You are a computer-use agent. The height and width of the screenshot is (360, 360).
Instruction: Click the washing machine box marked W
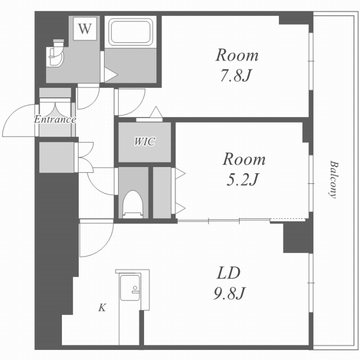point(85,29)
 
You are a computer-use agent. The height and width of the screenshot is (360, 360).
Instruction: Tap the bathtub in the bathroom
point(130,32)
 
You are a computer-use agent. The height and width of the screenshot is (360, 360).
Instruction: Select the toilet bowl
point(132,204)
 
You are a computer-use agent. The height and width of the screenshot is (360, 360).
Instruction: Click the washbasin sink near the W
point(55,55)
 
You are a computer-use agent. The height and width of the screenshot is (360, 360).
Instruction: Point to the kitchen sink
point(130,287)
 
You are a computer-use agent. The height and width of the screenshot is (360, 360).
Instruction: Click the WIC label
point(145,142)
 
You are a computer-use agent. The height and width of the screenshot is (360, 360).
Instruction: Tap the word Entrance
point(55,119)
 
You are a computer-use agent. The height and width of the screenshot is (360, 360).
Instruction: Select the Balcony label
point(333,179)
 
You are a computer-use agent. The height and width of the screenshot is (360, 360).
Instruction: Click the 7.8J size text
point(235,75)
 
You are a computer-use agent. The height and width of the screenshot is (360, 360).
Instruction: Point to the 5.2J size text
point(242,179)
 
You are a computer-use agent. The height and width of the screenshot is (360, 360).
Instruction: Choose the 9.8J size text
point(229,293)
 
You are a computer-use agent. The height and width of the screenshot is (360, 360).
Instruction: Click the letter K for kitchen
point(102,308)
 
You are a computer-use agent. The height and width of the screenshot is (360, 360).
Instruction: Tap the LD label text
point(229,273)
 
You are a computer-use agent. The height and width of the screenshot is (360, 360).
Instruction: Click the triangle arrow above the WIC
point(156,112)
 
